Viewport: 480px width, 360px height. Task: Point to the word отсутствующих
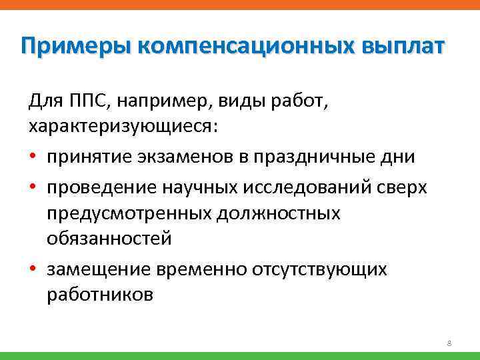[x=319, y=269]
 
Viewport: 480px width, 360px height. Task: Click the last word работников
[x=100, y=294]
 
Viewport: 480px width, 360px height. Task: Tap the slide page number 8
[x=449, y=344]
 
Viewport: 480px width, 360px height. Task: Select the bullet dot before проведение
[x=33, y=187]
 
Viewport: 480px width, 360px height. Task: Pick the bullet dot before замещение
[x=33, y=269]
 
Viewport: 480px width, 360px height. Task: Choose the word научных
[x=201, y=187]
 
